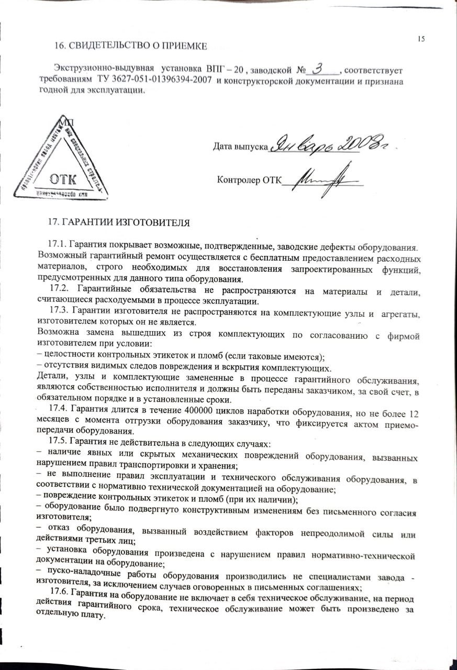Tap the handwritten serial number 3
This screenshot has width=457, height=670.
(320, 68)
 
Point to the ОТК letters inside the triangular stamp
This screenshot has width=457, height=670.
(62, 179)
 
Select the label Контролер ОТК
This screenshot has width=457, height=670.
(249, 181)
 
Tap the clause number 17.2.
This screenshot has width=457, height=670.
(58, 291)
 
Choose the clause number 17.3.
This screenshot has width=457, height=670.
(58, 314)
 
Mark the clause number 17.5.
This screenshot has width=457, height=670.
(58, 443)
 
